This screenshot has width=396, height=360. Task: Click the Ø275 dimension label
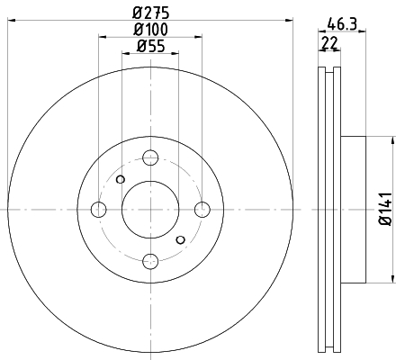(151, 13)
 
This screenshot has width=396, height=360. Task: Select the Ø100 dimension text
(150, 30)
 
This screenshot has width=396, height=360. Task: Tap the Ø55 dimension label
(151, 46)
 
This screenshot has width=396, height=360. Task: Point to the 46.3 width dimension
(342, 24)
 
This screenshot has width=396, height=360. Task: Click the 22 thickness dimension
(329, 43)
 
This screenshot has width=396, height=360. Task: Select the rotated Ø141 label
(386, 209)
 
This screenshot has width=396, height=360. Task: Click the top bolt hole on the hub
(150, 157)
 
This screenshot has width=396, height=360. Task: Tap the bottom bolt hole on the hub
(150, 261)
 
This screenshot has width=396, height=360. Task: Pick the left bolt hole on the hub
(98, 210)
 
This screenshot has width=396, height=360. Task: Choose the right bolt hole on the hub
(202, 210)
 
